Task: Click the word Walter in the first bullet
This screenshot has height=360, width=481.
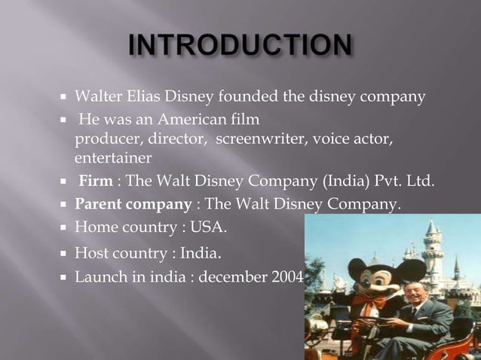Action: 95,97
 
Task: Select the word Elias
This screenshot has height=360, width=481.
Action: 137,97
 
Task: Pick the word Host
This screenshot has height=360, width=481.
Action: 90,254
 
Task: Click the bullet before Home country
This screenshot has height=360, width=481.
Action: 66,227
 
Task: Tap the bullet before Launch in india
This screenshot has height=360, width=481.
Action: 66,277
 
